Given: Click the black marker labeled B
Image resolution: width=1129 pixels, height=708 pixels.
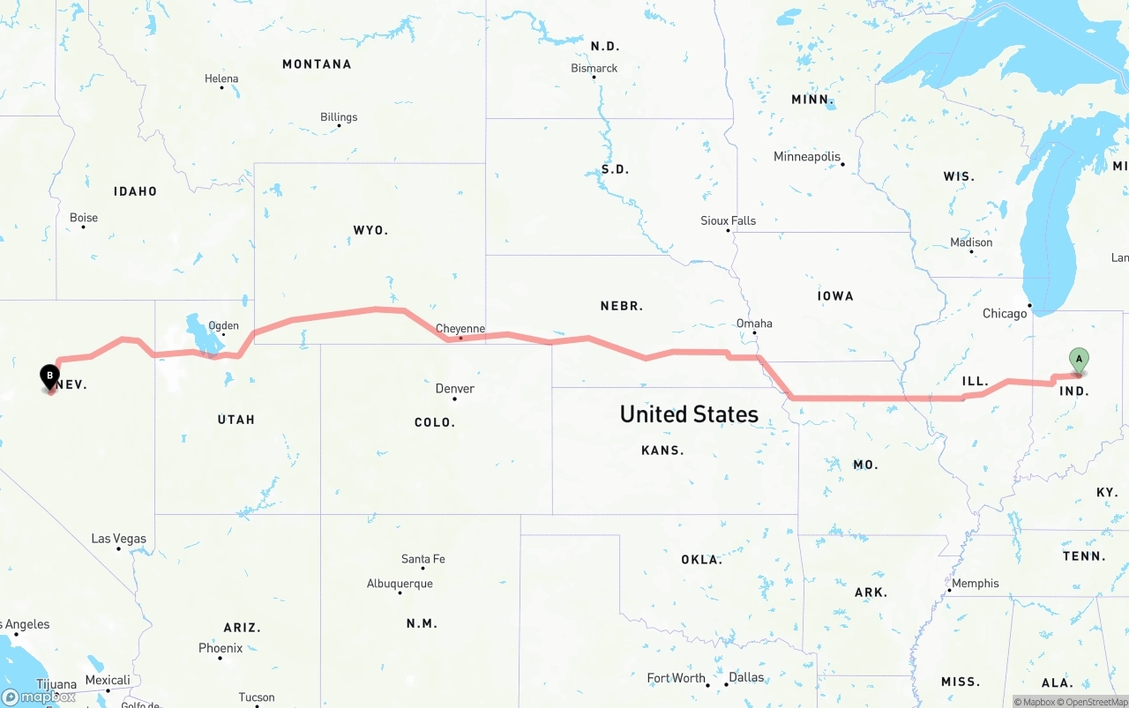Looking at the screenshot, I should click(50, 377).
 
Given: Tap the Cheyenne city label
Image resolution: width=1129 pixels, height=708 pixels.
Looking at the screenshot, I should click(460, 329).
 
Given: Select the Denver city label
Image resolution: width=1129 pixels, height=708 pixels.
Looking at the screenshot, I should click(455, 389).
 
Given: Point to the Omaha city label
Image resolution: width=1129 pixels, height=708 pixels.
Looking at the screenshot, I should click(754, 324).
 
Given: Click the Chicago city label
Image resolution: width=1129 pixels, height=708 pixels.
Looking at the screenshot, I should click(1005, 314).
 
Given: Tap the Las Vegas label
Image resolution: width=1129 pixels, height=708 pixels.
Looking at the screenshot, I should click(119, 539).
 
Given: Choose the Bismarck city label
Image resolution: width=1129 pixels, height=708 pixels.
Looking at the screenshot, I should click(594, 69).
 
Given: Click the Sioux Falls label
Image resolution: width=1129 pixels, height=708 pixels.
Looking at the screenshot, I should click(728, 220).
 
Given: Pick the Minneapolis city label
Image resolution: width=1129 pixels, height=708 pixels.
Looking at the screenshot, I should click(807, 157).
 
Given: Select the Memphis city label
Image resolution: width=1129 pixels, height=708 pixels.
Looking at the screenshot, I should click(976, 583).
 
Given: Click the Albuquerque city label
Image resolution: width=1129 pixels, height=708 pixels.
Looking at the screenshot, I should click(400, 584).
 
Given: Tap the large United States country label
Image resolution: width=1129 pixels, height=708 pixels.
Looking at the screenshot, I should click(689, 414).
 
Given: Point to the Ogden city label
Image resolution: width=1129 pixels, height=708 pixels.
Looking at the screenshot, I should click(223, 325).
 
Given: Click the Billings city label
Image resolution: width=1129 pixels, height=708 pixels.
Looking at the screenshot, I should click(339, 117).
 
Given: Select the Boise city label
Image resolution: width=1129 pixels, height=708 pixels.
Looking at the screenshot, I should click(84, 218).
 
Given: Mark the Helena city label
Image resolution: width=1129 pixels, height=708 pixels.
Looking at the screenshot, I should click(221, 78).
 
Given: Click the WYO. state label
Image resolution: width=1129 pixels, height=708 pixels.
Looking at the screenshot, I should click(370, 230).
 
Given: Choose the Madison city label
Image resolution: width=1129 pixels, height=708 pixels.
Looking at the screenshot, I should click(971, 242).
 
